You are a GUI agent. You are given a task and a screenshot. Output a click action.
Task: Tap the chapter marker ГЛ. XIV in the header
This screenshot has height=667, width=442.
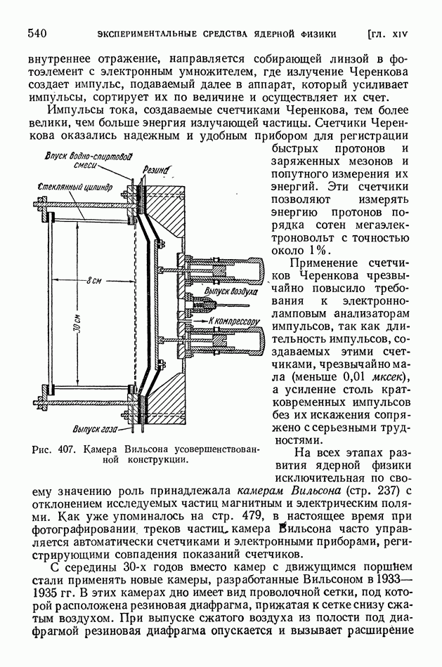(x=397, y=33)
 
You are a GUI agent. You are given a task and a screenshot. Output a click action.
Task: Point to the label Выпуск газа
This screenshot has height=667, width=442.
(x=97, y=428)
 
